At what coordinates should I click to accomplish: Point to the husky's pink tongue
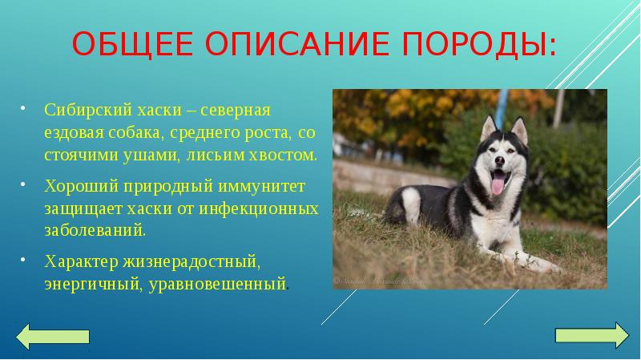tap(498, 186)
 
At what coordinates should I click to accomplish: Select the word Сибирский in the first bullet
tap(84, 109)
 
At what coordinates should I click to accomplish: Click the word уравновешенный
tap(216, 284)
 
